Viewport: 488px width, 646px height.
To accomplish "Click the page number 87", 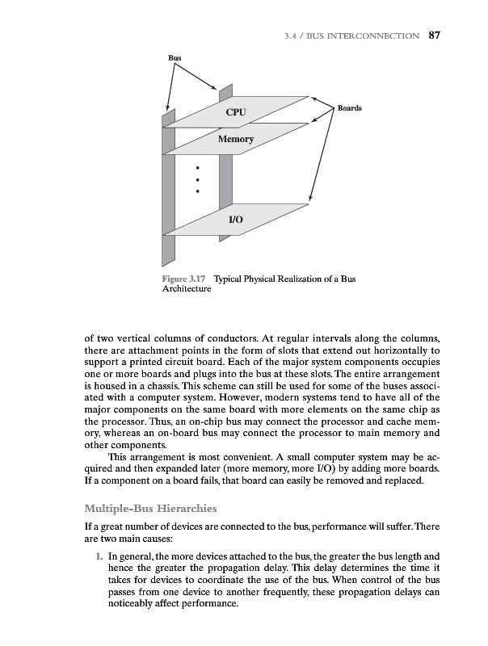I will [x=433, y=35].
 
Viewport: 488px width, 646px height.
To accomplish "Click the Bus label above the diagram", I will [x=175, y=59].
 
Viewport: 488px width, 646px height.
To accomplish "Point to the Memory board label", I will [x=235, y=140].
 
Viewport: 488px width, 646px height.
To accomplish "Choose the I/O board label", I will [x=236, y=220].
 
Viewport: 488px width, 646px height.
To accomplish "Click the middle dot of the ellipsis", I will [x=199, y=179].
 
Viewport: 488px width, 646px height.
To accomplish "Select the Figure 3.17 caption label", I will [x=185, y=279].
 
